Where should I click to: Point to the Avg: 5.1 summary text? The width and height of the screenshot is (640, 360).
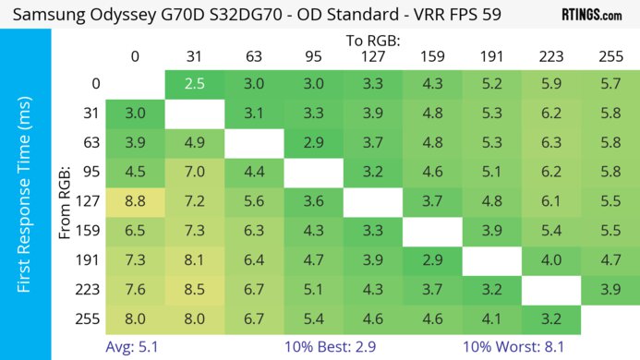[135, 348]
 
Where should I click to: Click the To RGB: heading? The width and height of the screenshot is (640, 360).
[372, 41]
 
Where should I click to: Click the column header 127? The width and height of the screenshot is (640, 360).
[372, 57]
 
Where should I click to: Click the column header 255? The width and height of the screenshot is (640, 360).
[610, 57]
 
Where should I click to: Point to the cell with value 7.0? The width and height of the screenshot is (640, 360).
[194, 170]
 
